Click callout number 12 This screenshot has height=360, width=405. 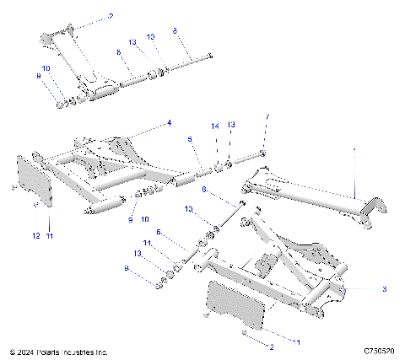(35, 236)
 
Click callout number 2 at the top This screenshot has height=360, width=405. (109, 16)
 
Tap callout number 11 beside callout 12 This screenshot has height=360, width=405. (49, 236)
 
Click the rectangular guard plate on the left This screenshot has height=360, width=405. (37, 180)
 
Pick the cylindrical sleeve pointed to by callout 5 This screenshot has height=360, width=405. (184, 180)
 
